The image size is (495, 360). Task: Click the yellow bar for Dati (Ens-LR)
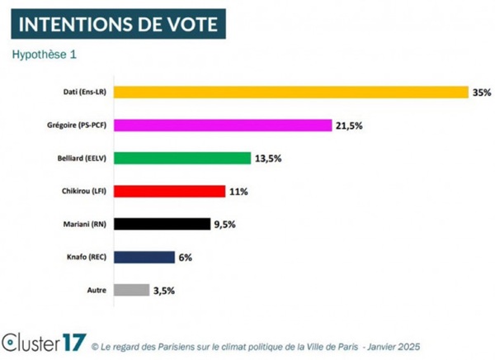(290, 92)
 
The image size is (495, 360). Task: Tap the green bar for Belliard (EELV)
(181, 158)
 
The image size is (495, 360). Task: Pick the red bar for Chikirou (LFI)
(168, 191)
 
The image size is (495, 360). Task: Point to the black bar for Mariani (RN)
(162, 224)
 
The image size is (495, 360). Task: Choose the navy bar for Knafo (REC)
(144, 257)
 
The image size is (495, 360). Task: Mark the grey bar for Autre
(131, 290)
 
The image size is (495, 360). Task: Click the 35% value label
(481, 92)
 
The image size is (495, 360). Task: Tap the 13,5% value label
(268, 159)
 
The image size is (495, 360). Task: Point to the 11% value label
(239, 192)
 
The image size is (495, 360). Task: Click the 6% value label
(185, 258)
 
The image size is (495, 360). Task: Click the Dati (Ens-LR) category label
(84, 92)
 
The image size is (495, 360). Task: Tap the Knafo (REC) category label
(86, 257)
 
